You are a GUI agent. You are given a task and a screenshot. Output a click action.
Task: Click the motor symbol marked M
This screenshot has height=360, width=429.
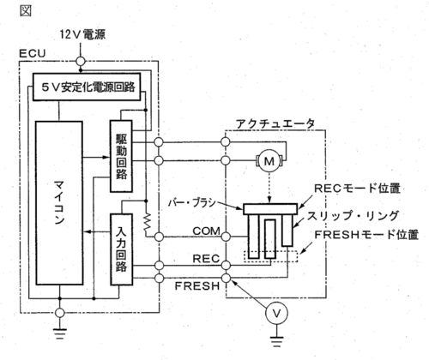coord(269,161)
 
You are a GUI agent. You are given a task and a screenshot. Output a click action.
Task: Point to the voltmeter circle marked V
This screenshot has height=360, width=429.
coord(276,314)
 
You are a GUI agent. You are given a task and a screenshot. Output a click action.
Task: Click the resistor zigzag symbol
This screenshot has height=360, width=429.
coord(147,222)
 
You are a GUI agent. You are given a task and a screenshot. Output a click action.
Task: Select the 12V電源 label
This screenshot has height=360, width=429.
coord(82,34)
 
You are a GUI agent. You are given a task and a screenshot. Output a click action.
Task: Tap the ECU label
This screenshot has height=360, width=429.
coord(33,53)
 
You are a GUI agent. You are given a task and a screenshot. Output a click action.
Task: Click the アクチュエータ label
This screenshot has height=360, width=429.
coord(275,123)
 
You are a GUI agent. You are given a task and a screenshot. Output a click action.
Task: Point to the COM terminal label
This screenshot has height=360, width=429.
coord(206,231)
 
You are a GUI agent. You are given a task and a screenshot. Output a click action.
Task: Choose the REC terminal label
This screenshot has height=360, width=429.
coord(206,259)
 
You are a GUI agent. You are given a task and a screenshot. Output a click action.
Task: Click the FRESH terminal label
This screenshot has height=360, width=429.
coord(197,286)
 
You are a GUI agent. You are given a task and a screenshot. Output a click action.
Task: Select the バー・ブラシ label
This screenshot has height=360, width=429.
coord(192,202)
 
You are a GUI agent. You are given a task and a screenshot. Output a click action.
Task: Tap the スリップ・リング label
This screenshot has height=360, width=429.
coord(353,216)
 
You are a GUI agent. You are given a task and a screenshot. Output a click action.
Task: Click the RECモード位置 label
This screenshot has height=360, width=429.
coord(357,189)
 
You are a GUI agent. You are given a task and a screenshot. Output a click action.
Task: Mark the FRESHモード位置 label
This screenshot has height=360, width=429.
coord(366,235)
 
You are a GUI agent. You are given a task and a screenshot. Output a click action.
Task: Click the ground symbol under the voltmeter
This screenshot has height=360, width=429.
coord(276,341)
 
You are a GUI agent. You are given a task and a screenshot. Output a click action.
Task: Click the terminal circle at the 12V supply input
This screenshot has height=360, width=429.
coord(81,61)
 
